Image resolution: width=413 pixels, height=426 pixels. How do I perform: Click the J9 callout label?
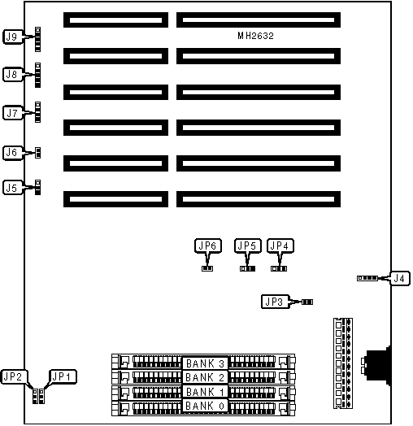pyautogui.click(x=13, y=37)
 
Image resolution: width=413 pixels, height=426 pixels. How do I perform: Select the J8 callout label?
pyautogui.click(x=13, y=74)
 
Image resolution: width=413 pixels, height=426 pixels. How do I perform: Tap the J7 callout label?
pyautogui.click(x=13, y=113)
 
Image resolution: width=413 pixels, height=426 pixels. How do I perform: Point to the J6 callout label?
pyautogui.click(x=13, y=153)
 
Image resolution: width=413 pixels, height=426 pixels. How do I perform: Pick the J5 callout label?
pyautogui.click(x=13, y=188)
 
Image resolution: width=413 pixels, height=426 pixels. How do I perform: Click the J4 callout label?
pyautogui.click(x=400, y=278)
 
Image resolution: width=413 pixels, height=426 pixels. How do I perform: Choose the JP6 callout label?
pyautogui.click(x=208, y=246)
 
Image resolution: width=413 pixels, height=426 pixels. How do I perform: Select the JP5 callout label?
pyautogui.click(x=248, y=246)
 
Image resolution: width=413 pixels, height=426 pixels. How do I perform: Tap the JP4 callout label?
pyautogui.click(x=280, y=246)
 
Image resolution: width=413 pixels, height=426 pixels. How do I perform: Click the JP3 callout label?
pyautogui.click(x=275, y=302)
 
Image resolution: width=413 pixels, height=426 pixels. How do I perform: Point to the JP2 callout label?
pyautogui.click(x=14, y=377)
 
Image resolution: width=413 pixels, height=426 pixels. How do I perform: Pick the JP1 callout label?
pyautogui.click(x=63, y=377)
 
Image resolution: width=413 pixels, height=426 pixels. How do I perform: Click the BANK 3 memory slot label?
pyautogui.click(x=205, y=363)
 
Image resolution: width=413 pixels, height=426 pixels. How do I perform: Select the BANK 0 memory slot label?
pyautogui.click(x=205, y=406)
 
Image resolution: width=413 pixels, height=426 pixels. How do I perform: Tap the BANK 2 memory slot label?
pyautogui.click(x=205, y=377)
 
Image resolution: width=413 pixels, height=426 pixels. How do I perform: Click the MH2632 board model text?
pyautogui.click(x=255, y=36)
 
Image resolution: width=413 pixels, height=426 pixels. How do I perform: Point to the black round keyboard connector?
pyautogui.click(x=378, y=365)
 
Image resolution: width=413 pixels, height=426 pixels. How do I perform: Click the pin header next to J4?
pyautogui.click(x=367, y=278)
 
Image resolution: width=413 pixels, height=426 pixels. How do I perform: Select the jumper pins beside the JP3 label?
pyautogui.click(x=307, y=302)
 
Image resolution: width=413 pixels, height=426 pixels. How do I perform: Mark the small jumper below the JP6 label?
pyautogui.click(x=207, y=268)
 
